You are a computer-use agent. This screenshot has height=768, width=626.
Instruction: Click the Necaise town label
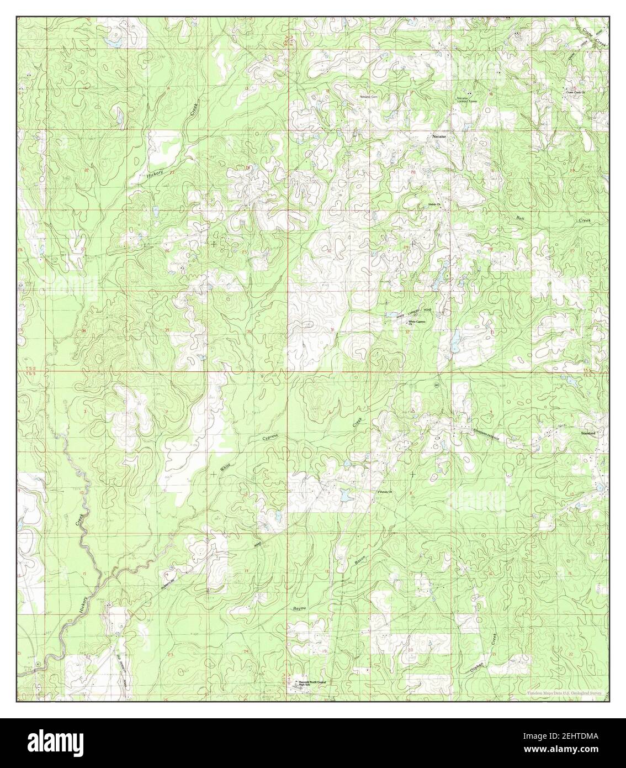439,134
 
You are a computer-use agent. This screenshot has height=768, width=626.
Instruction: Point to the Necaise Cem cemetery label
368,96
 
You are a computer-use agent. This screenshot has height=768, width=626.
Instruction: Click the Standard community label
588,434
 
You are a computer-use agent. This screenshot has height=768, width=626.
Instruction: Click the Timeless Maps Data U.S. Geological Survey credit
563,693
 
